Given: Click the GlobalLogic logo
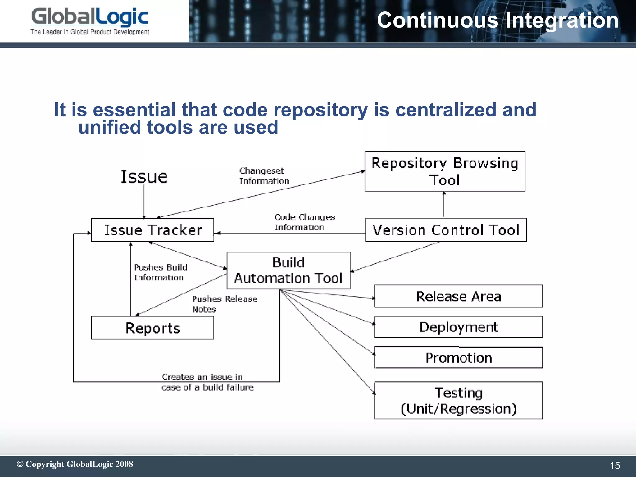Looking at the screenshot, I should (90, 21).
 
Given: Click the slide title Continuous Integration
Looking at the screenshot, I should (497, 20).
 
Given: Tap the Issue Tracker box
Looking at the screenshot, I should (152, 230).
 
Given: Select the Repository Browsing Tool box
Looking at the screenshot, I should (445, 171).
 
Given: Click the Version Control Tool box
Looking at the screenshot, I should (446, 230).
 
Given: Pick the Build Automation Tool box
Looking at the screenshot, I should (288, 270).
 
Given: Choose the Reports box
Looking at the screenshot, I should (152, 328).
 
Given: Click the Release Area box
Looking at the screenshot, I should (458, 296).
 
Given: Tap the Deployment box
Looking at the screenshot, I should (458, 327).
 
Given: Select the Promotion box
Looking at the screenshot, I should (458, 358).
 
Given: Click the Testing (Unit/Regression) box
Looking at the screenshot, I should (458, 401).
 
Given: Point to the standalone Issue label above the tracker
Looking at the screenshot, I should (144, 177).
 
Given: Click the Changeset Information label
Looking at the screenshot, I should (264, 176).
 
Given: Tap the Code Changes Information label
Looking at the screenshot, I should (304, 222).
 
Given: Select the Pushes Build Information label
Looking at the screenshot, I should (161, 272).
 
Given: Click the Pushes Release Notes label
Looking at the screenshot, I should (224, 304).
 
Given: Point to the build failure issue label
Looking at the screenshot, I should (207, 382).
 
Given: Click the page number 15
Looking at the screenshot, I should (615, 465).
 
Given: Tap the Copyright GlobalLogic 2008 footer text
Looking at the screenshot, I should (75, 464).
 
